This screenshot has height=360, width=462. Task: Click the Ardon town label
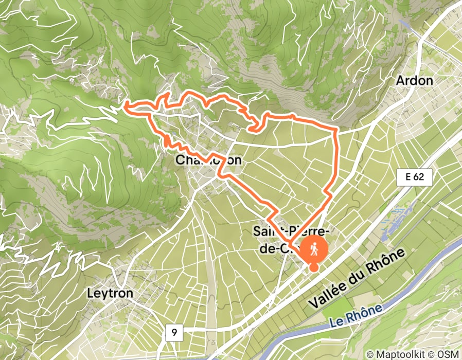click(x=414, y=81)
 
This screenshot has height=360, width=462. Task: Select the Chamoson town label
click(x=208, y=160)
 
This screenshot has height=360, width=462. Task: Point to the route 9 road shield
click(x=175, y=333)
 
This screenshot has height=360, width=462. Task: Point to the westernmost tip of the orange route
click(x=125, y=105)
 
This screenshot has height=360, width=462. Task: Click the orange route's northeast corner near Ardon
click(x=337, y=127)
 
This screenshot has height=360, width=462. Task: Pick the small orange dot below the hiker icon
click(x=313, y=266)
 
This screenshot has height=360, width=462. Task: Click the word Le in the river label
click(x=335, y=324)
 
